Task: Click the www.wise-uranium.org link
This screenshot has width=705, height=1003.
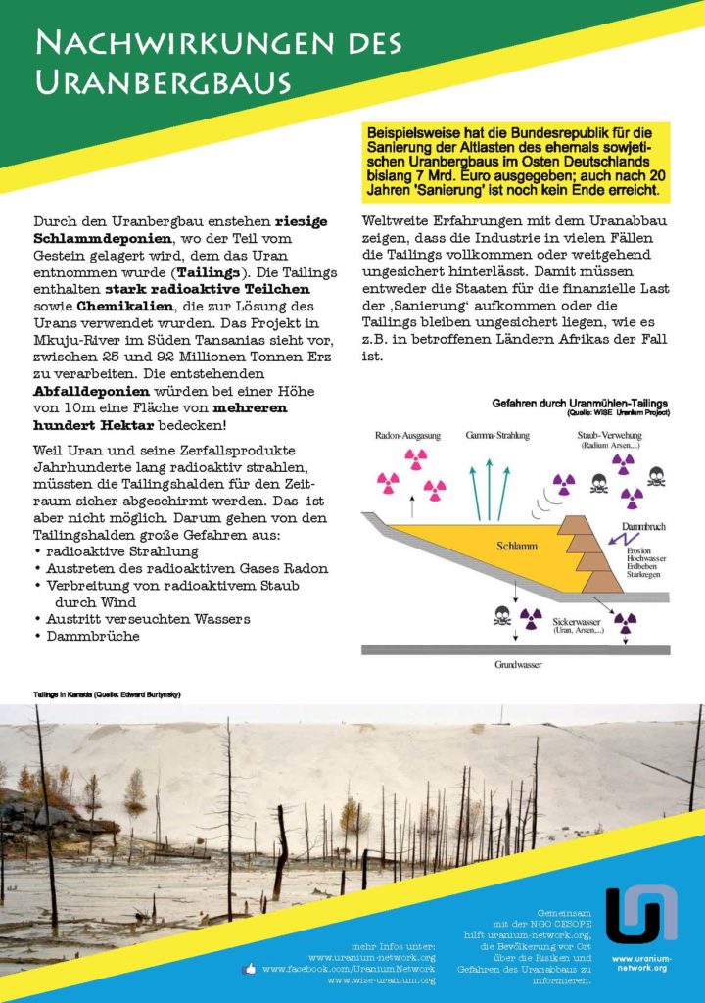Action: click(x=381, y=979)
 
